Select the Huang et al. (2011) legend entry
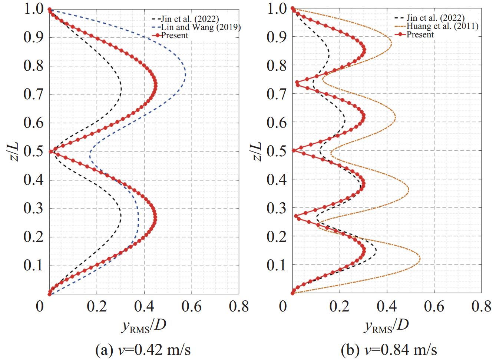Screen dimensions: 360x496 (x=442, y=26)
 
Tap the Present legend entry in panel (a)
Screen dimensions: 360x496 (x=175, y=36)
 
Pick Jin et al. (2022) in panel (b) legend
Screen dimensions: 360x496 (x=435, y=18)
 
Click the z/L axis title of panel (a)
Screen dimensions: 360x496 (x=14, y=151)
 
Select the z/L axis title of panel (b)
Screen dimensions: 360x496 (x=257, y=151)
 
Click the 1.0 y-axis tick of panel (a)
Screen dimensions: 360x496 (x=34, y=9)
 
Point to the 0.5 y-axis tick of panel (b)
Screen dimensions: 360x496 (x=277, y=151)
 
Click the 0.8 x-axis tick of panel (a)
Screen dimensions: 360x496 (x=239, y=307)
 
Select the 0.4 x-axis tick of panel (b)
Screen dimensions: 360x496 (x=387, y=307)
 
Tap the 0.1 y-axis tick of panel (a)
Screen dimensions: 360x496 (x=34, y=266)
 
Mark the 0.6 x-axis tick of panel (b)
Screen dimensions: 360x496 (x=434, y=307)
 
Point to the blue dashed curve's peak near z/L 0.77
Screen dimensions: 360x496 (x=185, y=74)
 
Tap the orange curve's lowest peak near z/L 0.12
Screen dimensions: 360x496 (x=420, y=258)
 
